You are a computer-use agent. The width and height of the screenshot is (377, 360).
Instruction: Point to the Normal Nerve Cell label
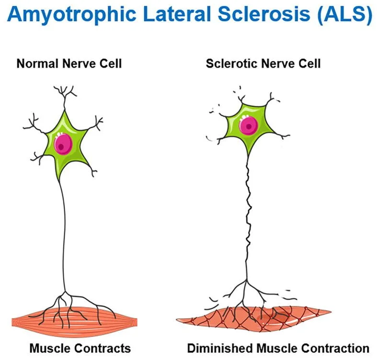tap(69, 63)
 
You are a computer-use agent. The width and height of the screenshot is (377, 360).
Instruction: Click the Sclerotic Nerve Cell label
tap(263, 63)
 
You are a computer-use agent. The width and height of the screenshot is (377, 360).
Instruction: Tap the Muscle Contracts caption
tap(80, 348)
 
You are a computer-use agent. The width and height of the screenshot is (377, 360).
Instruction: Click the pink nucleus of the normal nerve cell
tap(63, 144)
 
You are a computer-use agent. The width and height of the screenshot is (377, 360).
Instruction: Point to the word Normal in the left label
tap(36, 63)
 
